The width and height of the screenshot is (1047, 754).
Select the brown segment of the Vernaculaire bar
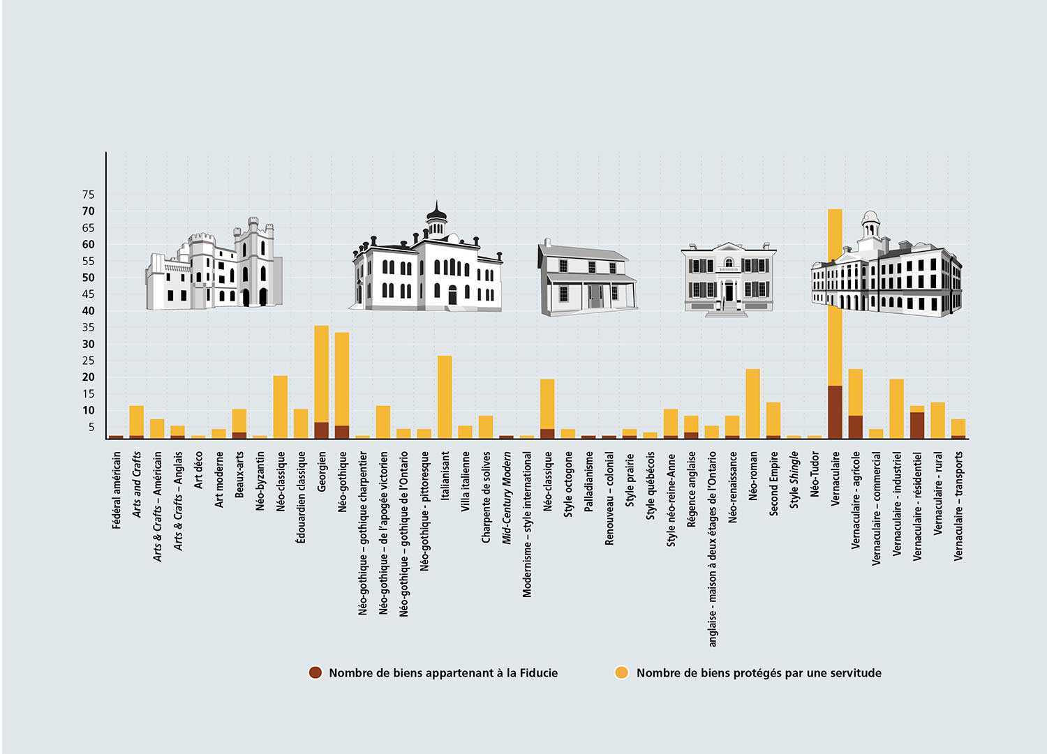coord(835,412)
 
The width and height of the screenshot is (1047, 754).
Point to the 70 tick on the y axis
coord(88,211)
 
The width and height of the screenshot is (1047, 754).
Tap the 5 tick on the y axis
coord(91,427)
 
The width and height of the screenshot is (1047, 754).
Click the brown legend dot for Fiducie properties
coord(315,673)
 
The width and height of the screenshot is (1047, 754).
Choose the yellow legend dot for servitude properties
coord(621,673)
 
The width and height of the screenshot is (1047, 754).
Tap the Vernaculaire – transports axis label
coord(958,505)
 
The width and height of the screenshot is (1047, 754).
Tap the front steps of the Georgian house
coord(727,308)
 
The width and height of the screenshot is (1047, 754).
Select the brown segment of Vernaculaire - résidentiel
coord(917,425)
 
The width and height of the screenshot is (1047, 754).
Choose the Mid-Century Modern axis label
coord(507,497)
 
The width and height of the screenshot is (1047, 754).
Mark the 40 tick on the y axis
coord(88,310)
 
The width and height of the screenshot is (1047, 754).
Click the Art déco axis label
coord(199,471)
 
